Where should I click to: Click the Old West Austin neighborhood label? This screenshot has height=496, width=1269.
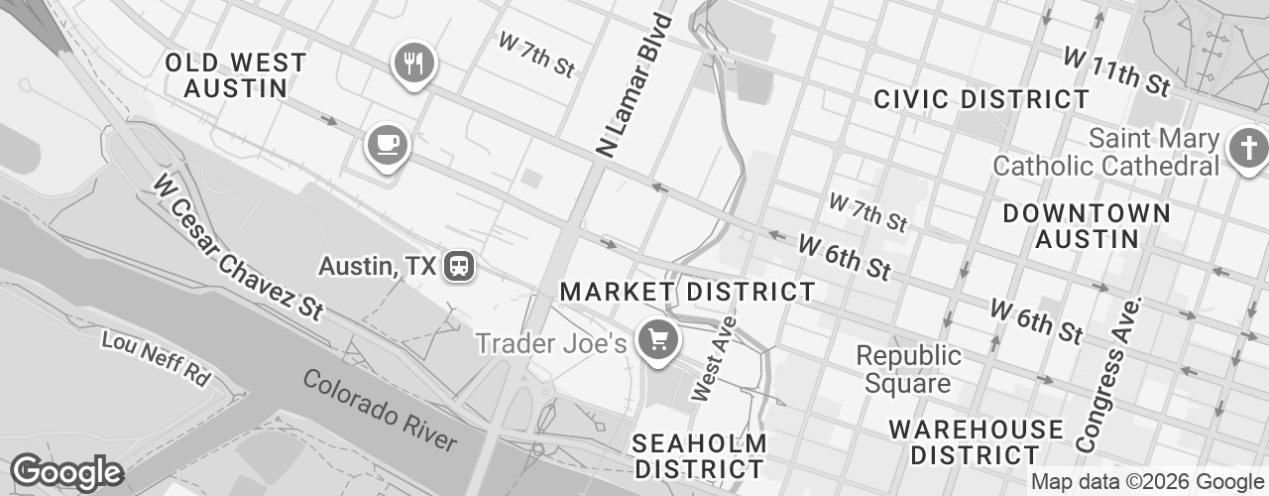click(x=236, y=75)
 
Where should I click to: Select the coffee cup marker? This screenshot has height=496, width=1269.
click(x=387, y=146)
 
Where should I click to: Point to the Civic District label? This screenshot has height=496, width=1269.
click(x=981, y=99)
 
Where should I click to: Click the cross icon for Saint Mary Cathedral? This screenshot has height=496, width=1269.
click(x=1244, y=149)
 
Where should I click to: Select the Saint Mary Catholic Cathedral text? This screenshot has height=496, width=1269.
click(x=1105, y=151)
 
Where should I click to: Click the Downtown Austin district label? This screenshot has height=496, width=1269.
click(x=1087, y=226)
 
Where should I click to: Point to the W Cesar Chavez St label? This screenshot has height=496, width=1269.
click(x=239, y=247)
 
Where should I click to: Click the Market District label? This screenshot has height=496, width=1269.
click(x=687, y=292)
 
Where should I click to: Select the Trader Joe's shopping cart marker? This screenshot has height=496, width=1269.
click(x=656, y=341)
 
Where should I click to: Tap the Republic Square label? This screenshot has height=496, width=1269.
click(x=908, y=368)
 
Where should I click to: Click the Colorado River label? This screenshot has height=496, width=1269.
click(x=380, y=410)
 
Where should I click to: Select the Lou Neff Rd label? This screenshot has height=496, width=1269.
click(x=158, y=358)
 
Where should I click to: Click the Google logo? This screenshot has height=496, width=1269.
click(x=66, y=472)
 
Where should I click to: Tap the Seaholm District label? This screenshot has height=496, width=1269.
click(x=699, y=455)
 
